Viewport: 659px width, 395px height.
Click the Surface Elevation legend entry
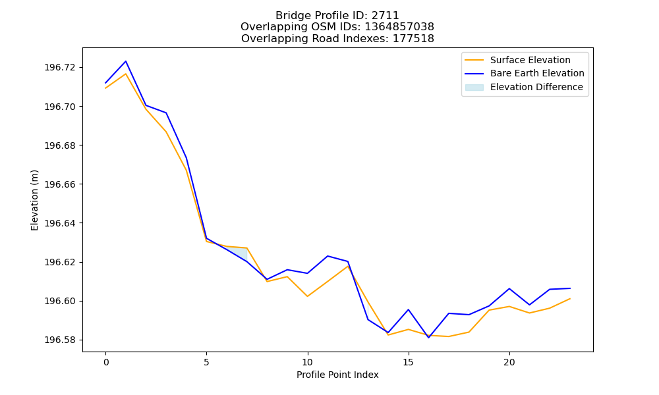(517, 60)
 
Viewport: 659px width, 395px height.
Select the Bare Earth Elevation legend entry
(525, 74)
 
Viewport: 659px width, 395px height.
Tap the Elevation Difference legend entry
(524, 88)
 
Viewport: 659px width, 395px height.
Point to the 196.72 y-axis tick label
(61, 68)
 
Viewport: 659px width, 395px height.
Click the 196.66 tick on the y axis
(61, 184)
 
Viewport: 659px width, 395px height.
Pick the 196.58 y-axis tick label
(61, 340)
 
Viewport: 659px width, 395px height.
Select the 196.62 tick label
(61, 263)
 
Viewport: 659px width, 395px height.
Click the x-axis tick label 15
(409, 362)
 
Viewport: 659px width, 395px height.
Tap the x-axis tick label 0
(106, 362)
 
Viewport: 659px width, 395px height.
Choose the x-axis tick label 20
(509, 362)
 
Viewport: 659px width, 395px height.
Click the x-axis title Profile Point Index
(337, 375)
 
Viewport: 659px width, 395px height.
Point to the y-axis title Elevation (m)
(34, 200)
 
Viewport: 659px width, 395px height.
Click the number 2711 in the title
(385, 16)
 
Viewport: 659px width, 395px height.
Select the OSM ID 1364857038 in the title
(399, 27)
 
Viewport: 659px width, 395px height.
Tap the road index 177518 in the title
(413, 39)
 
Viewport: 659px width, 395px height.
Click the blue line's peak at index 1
(126, 61)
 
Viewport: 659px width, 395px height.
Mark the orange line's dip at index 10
(308, 296)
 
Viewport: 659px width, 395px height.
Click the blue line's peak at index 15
(409, 310)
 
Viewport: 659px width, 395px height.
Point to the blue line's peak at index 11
(328, 256)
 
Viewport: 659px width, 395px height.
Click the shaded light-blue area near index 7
(241, 253)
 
